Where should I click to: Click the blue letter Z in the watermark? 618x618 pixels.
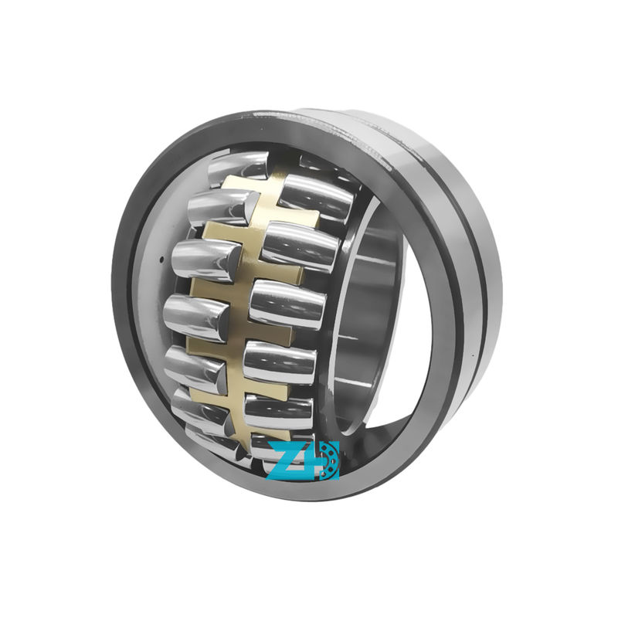[290, 460]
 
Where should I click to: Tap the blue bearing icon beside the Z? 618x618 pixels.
[328, 460]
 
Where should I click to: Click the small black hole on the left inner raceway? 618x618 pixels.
[161, 260]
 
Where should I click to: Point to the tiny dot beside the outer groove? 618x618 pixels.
[473, 356]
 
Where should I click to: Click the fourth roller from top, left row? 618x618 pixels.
[196, 317]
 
